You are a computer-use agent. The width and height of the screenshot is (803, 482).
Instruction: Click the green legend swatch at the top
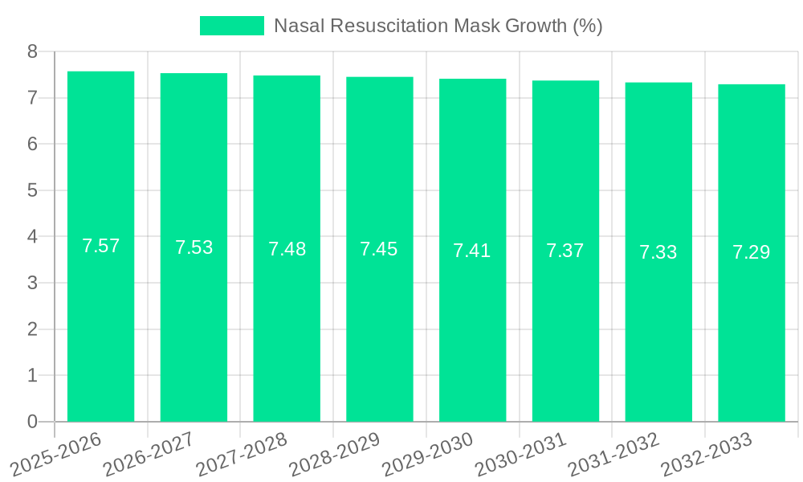click(x=231, y=26)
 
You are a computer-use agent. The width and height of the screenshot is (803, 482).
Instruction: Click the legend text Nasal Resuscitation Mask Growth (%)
click(x=438, y=26)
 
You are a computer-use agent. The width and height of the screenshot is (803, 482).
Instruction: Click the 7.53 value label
click(x=194, y=247)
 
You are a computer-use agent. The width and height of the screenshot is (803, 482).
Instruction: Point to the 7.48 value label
click(x=287, y=249)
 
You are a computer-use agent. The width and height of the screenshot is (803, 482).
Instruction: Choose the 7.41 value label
click(x=472, y=251)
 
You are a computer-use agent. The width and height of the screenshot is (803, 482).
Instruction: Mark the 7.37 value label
click(x=565, y=251)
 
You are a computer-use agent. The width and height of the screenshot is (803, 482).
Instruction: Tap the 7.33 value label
click(x=658, y=252)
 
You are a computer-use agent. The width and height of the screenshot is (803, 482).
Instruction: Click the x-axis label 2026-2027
click(x=149, y=454)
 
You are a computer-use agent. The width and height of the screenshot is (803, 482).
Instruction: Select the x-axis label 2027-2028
click(x=242, y=454)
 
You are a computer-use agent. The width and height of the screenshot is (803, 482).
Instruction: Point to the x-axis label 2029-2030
click(x=428, y=454)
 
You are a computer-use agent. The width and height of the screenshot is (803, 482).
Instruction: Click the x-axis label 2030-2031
click(x=521, y=454)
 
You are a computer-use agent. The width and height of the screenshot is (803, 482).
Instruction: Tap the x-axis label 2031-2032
click(x=613, y=454)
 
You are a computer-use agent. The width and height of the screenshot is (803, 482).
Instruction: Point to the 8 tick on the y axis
click(x=32, y=51)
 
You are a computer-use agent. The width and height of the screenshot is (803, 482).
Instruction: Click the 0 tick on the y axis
click(x=32, y=422)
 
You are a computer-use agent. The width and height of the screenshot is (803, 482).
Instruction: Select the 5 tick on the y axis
click(x=32, y=190)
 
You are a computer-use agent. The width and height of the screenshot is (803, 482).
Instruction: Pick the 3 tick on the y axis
click(x=32, y=283)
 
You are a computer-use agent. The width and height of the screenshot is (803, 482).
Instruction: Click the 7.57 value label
click(x=100, y=246)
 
